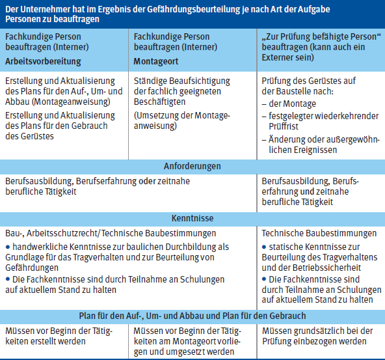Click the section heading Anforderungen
tap(192, 167)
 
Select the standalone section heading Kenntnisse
tap(192, 219)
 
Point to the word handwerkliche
tap(40, 247)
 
